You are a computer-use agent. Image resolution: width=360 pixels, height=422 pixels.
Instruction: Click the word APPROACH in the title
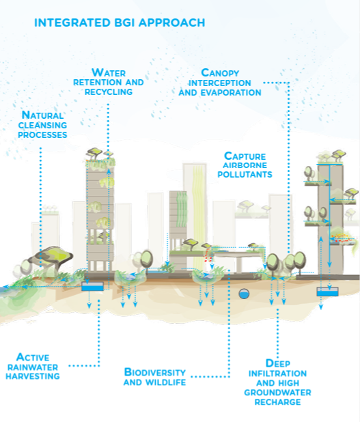[171, 23]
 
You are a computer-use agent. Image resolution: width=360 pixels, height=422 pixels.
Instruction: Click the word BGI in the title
[124, 23]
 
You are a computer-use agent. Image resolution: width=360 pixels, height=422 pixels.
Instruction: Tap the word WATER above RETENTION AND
[109, 72]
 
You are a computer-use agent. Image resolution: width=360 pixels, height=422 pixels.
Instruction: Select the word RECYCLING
[109, 92]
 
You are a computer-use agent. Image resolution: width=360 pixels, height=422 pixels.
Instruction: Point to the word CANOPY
[220, 73]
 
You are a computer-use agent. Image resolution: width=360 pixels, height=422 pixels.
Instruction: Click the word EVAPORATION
[231, 93]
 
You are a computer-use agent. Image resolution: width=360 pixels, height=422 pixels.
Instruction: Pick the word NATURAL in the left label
[42, 115]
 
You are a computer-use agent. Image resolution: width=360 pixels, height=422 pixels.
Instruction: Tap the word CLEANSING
[42, 125]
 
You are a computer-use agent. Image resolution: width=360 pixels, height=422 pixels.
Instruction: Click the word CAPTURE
[245, 156]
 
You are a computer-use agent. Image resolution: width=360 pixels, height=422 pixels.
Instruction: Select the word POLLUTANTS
[245, 174]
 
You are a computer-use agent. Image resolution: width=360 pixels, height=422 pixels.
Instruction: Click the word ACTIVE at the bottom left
[33, 357]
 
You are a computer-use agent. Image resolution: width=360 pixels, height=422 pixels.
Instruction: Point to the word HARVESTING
[33, 376]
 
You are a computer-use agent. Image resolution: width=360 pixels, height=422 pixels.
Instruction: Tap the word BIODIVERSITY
[155, 372]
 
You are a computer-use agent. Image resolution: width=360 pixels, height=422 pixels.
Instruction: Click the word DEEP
[278, 363]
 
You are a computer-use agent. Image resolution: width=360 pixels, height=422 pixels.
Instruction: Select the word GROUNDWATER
[277, 393]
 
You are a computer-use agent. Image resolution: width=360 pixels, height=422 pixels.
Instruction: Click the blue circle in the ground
[244, 294]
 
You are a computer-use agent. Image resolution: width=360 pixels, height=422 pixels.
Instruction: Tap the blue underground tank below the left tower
[92, 286]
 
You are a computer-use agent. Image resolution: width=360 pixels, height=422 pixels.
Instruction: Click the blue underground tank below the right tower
[327, 292]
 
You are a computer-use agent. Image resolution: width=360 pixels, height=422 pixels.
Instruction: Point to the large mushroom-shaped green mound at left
[51, 255]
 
